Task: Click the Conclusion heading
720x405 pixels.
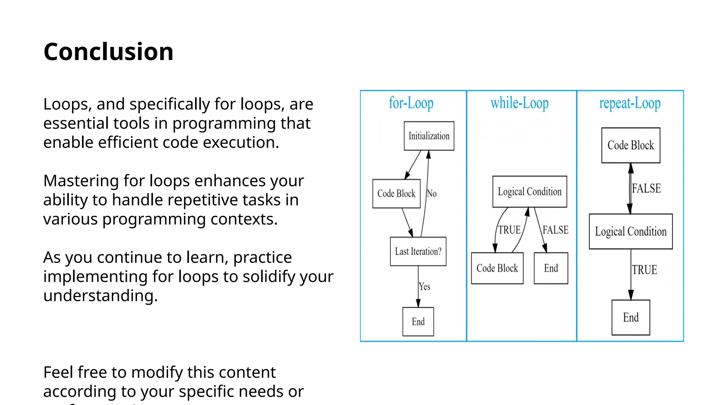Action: pyautogui.click(x=108, y=52)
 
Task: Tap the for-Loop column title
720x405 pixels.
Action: pyautogui.click(x=411, y=103)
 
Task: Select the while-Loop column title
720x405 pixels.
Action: pyautogui.click(x=519, y=103)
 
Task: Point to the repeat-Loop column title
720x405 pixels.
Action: pyautogui.click(x=630, y=103)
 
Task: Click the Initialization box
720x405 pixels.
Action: pyautogui.click(x=429, y=136)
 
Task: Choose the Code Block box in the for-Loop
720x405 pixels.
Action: pyautogui.click(x=396, y=194)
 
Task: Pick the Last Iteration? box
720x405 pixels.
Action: pyautogui.click(x=418, y=251)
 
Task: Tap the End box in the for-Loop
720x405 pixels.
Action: pyautogui.click(x=418, y=322)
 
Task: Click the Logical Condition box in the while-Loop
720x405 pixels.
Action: pyautogui.click(x=529, y=192)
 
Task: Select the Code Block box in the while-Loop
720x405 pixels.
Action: pyautogui.click(x=497, y=268)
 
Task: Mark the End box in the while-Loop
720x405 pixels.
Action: pyautogui.click(x=551, y=268)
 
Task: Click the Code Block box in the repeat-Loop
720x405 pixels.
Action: pyautogui.click(x=631, y=145)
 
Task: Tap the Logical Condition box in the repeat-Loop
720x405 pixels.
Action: pyautogui.click(x=631, y=231)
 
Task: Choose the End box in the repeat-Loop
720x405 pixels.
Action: pyautogui.click(x=631, y=317)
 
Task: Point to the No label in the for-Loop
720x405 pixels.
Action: pyautogui.click(x=432, y=194)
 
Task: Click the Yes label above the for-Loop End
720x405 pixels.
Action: pyautogui.click(x=425, y=287)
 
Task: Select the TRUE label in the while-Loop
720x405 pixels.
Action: pyautogui.click(x=509, y=230)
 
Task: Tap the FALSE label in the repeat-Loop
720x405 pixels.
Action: pyautogui.click(x=646, y=188)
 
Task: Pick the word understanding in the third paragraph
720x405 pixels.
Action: pyautogui.click(x=100, y=296)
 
